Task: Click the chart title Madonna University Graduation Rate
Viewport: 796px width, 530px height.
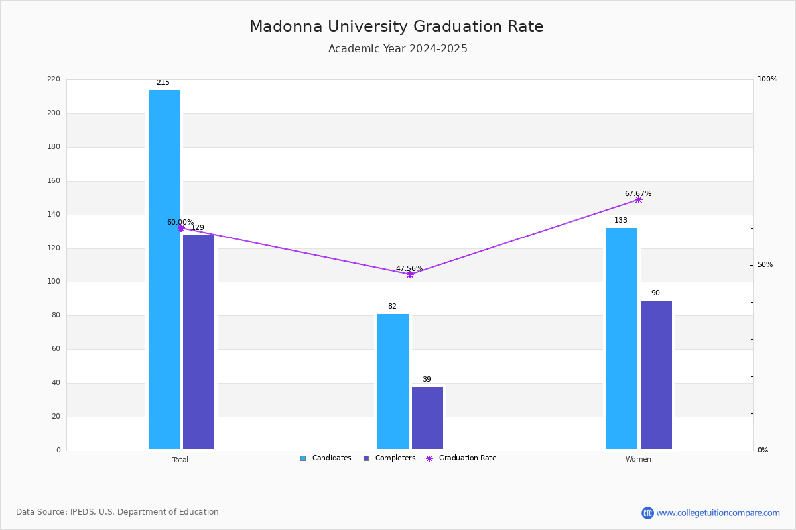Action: point(396,26)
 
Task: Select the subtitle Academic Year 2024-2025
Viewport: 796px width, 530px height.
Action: point(397,48)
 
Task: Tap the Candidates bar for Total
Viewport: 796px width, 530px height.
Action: point(165,270)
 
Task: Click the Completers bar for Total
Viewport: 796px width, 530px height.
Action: point(198,343)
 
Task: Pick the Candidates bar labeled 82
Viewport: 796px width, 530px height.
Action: point(393,382)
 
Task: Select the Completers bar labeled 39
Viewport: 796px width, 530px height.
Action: point(427,418)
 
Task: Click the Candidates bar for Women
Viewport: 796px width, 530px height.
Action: point(622,339)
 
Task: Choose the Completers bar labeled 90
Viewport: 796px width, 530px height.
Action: point(656,375)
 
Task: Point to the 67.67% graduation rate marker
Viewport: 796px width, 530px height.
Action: point(639,200)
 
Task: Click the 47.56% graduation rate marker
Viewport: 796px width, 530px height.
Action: point(410,275)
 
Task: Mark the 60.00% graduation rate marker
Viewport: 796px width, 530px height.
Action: point(181,229)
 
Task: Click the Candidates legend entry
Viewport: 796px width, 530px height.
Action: point(326,458)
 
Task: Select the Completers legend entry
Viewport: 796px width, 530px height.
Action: point(389,458)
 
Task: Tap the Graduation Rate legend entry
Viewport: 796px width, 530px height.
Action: point(461,458)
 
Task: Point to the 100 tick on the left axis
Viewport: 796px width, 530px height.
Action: point(54,282)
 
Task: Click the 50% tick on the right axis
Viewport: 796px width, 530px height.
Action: point(765,265)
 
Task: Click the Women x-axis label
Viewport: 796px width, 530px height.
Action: point(638,459)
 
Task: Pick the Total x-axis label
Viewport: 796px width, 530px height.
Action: point(180,460)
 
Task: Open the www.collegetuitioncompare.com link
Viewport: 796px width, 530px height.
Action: point(718,513)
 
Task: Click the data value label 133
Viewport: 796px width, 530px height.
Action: point(621,221)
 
